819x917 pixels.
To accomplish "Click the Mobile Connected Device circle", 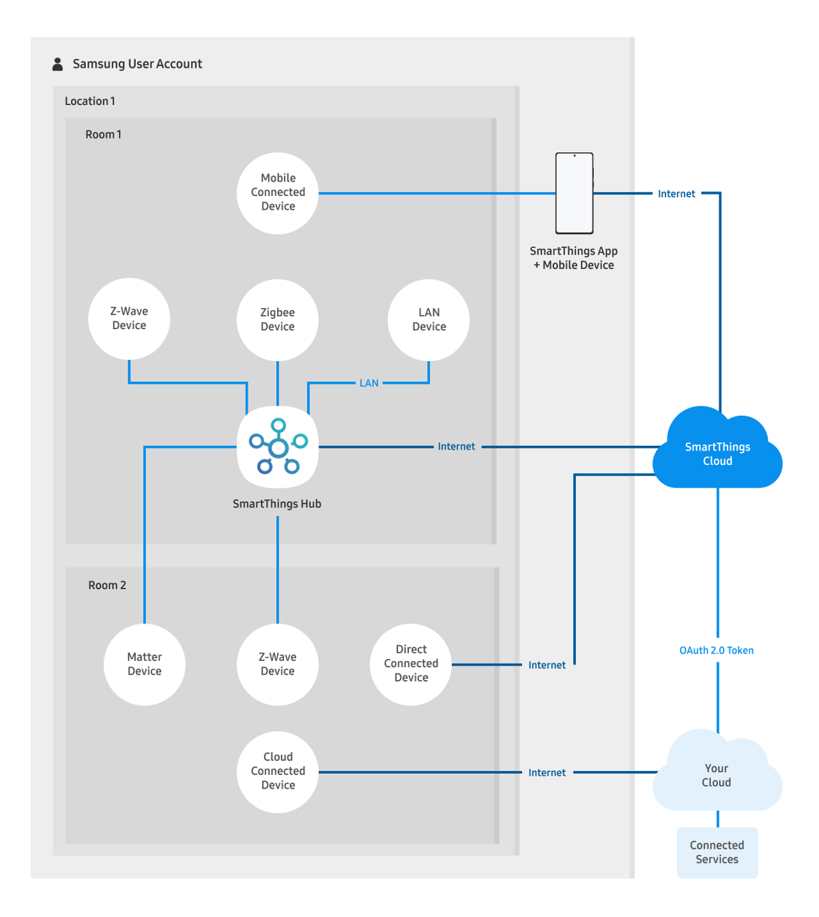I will pyautogui.click(x=278, y=193).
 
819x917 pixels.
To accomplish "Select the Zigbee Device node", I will pyautogui.click(x=278, y=320).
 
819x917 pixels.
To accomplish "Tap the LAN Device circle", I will pyautogui.click(x=429, y=320).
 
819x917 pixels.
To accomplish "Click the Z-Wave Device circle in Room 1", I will pyautogui.click(x=129, y=318).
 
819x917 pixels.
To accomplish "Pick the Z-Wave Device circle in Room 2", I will pyautogui.click(x=278, y=664).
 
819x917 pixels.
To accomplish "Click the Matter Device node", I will pyautogui.click(x=145, y=664).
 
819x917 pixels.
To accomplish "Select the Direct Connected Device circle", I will pyautogui.click(x=411, y=664).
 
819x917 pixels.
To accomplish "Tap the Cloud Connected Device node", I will pyautogui.click(x=278, y=772).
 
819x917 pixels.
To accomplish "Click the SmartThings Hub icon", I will pyautogui.click(x=278, y=447).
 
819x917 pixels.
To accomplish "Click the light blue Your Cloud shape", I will pyautogui.click(x=717, y=776).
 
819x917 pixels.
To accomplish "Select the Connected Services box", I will pyautogui.click(x=717, y=853).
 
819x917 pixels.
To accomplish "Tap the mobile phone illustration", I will pyautogui.click(x=574, y=193).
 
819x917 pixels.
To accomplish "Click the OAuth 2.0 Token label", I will pyautogui.click(x=717, y=651).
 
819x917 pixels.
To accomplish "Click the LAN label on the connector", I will pyautogui.click(x=369, y=383).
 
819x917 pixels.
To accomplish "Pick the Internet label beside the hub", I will pyautogui.click(x=457, y=447).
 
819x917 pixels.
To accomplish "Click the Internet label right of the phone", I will pyautogui.click(x=676, y=194).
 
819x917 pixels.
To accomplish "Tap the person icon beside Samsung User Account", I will pyautogui.click(x=58, y=64).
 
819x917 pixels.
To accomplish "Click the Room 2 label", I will pyautogui.click(x=107, y=585).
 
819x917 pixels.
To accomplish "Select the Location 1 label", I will pyautogui.click(x=90, y=101).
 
